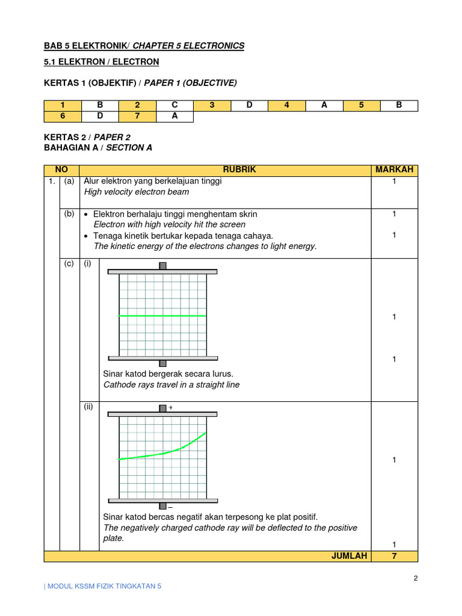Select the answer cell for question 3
point(250,105)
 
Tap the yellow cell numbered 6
point(63,116)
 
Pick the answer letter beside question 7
point(174,116)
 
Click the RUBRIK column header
point(239,170)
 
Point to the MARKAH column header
point(394,170)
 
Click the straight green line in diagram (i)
point(162,315)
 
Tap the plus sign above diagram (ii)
point(171,407)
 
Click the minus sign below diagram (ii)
point(171,508)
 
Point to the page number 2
point(415,579)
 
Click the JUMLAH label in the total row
point(349,556)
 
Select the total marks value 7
point(394,556)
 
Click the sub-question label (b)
point(69,214)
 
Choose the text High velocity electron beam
point(137,192)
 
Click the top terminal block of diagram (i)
point(162,266)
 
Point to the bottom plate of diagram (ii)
point(162,500)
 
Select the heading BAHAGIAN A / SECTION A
point(98,147)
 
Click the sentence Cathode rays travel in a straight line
point(171,385)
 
